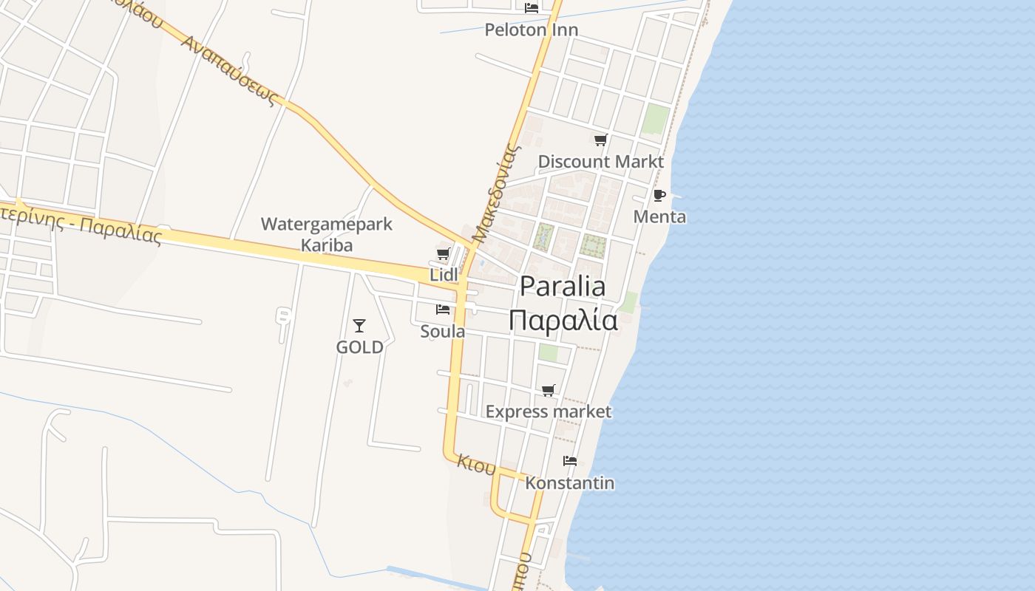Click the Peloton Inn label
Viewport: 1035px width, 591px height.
point(531,30)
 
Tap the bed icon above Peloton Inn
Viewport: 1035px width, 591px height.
point(531,8)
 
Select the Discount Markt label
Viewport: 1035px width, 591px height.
point(600,162)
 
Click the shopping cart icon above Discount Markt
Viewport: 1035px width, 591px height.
point(600,140)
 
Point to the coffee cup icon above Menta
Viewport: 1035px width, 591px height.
point(659,195)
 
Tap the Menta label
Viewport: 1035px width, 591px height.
point(659,217)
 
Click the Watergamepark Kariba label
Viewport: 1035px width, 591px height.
point(326,234)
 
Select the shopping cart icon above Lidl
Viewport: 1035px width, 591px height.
point(443,254)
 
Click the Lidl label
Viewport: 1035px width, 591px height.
point(444,275)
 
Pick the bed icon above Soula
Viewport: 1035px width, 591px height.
point(443,310)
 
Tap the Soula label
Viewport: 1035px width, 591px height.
point(443,332)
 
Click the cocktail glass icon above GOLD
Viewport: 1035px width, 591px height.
point(359,325)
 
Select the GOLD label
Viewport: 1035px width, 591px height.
point(360,347)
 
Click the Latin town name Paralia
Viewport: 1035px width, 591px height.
point(563,287)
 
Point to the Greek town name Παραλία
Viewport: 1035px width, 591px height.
point(563,321)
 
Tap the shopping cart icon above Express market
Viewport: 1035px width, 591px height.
point(548,390)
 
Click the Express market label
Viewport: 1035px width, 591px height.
point(549,412)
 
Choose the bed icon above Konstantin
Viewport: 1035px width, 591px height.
point(569,461)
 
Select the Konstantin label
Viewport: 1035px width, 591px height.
point(570,483)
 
